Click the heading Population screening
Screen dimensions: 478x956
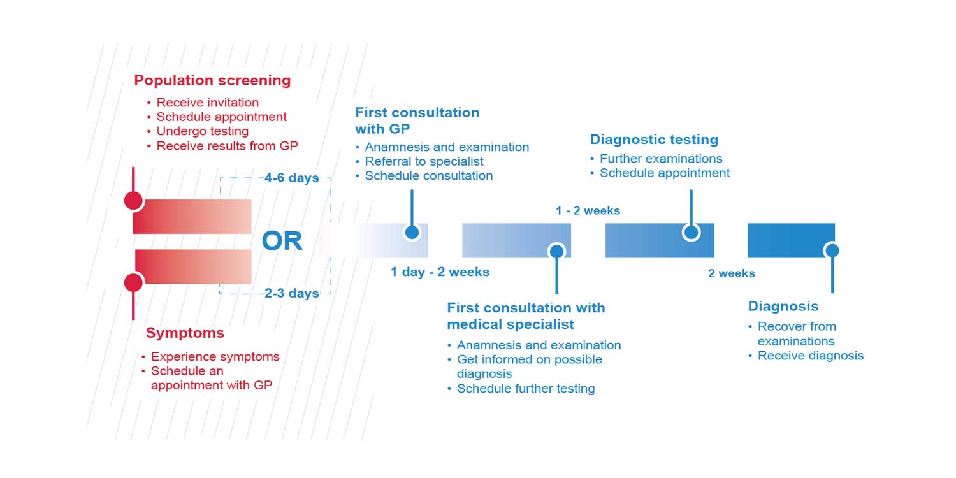(x=212, y=81)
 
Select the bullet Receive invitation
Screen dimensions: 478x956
(x=207, y=103)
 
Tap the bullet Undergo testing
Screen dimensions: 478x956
(x=202, y=131)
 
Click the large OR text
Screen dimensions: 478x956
(x=282, y=242)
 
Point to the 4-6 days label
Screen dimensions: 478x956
(x=292, y=178)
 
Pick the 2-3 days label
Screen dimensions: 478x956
(x=292, y=293)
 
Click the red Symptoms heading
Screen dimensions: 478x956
(x=185, y=333)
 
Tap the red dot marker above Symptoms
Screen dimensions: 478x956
(x=133, y=282)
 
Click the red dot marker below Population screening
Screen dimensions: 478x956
(x=133, y=201)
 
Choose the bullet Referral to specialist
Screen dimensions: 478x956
(x=424, y=161)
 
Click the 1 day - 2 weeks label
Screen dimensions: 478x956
(x=440, y=272)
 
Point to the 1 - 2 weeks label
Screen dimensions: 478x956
(x=588, y=210)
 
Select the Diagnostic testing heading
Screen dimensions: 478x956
(x=654, y=140)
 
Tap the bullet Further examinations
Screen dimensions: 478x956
(x=661, y=159)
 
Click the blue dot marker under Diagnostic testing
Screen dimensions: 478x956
(x=691, y=232)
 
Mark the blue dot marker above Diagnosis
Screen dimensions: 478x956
(x=831, y=250)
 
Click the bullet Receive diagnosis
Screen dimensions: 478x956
(x=810, y=356)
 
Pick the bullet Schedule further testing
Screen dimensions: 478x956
(x=526, y=389)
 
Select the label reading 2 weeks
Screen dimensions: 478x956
(x=731, y=273)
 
